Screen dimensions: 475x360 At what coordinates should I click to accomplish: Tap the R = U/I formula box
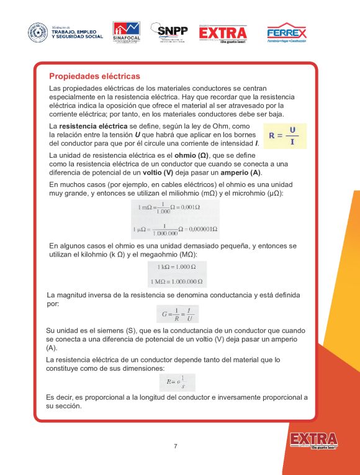284,135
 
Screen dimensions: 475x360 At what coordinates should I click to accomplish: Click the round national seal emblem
38,33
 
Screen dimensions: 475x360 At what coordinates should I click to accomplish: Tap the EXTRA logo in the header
223,33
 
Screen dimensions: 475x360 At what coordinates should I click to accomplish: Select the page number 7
176,446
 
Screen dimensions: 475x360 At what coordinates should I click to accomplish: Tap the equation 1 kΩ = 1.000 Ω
176,267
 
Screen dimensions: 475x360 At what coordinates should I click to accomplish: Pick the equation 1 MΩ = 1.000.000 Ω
176,281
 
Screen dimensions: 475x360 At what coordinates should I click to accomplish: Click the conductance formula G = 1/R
176,314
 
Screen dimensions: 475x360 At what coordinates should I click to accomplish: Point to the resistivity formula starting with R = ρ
176,381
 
